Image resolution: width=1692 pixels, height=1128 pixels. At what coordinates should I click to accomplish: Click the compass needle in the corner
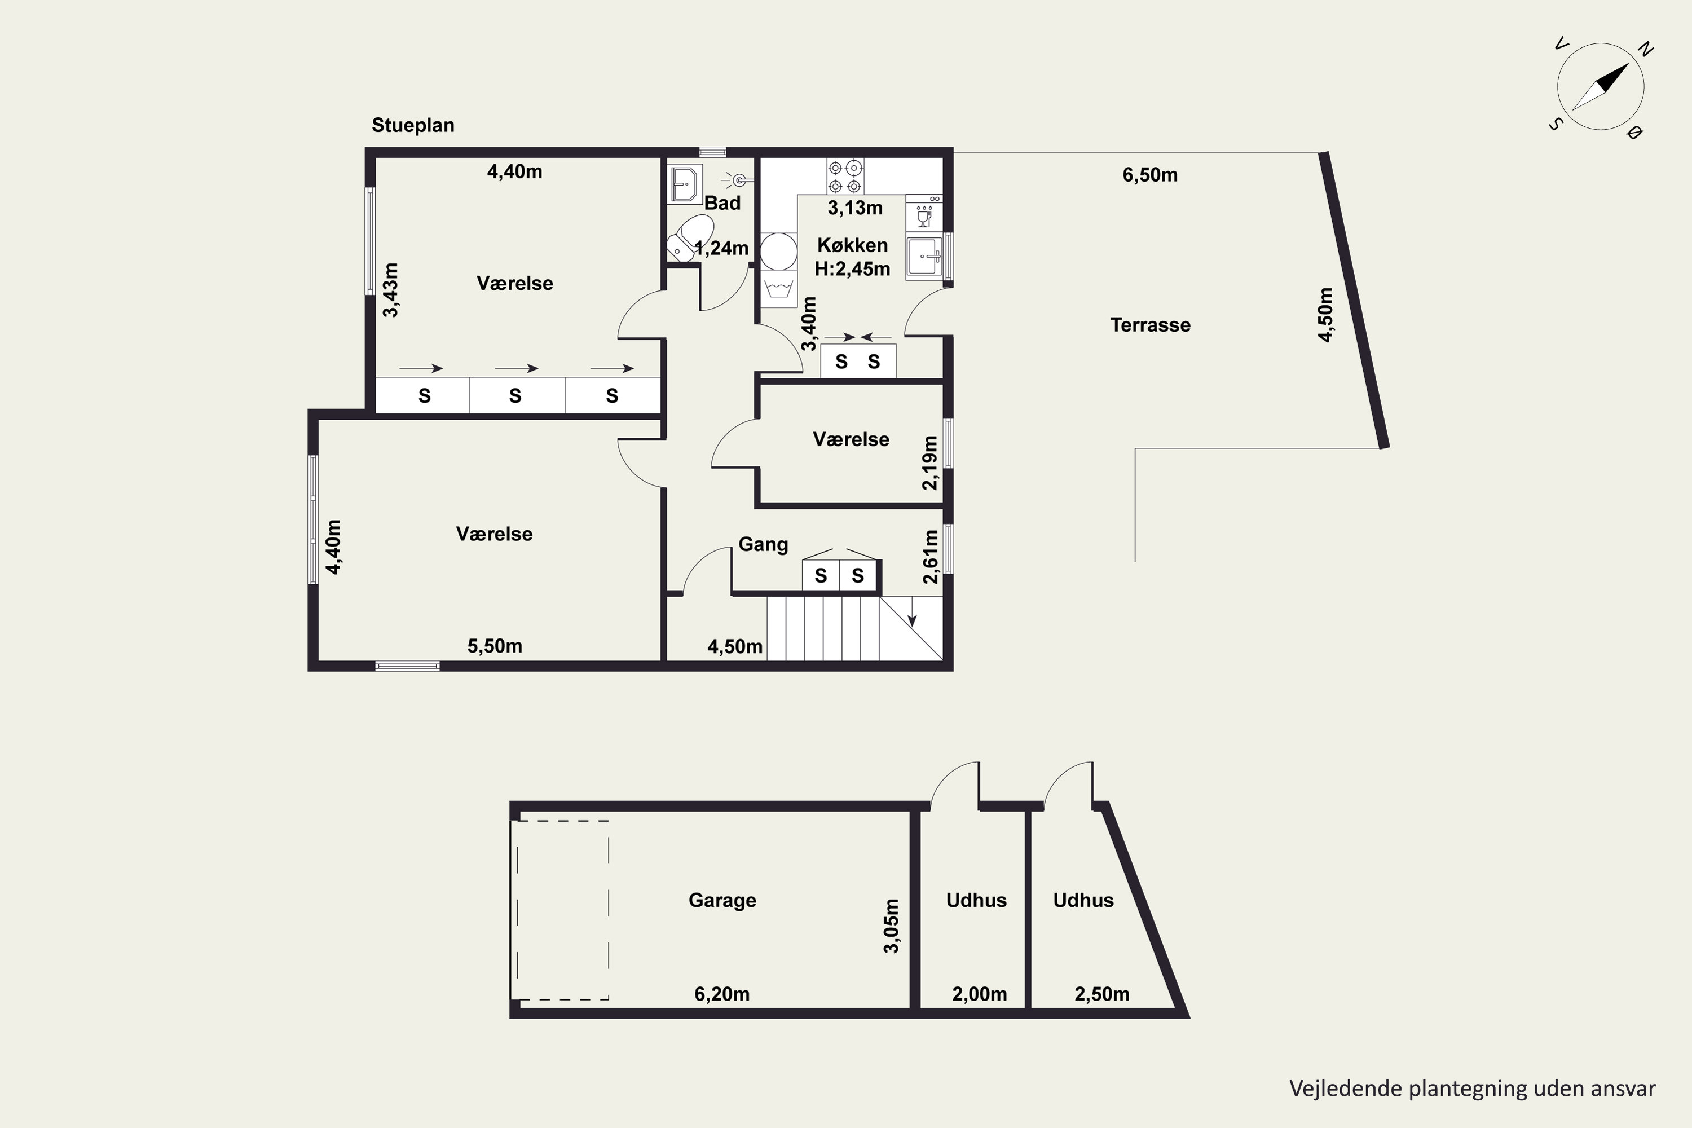pyautogui.click(x=1601, y=86)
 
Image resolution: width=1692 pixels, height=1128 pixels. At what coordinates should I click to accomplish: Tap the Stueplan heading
pyautogui.click(x=413, y=125)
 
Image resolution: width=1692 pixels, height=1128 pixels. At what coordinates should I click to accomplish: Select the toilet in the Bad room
pyautogui.click(x=690, y=237)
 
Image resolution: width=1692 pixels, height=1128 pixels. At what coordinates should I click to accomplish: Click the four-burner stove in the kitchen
pyautogui.click(x=844, y=176)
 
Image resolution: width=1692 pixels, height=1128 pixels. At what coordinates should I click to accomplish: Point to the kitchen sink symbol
pyautogui.click(x=924, y=256)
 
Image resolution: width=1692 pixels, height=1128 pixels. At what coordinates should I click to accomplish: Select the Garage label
pyautogui.click(x=722, y=901)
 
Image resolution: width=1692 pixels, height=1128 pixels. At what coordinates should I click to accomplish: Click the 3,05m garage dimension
pyautogui.click(x=891, y=926)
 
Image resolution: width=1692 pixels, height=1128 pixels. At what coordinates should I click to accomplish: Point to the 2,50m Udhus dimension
pyautogui.click(x=1102, y=994)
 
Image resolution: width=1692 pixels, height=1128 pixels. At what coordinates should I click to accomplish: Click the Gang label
pyautogui.click(x=763, y=545)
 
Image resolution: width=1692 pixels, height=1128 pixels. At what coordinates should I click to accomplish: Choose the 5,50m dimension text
pyautogui.click(x=495, y=646)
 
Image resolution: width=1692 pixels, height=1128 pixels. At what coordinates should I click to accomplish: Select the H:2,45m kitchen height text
pyautogui.click(x=852, y=269)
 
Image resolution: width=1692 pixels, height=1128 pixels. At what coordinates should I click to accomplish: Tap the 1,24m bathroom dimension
pyautogui.click(x=721, y=248)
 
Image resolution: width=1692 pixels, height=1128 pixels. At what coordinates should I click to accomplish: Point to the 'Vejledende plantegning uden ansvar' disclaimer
pyautogui.click(x=1473, y=1089)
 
